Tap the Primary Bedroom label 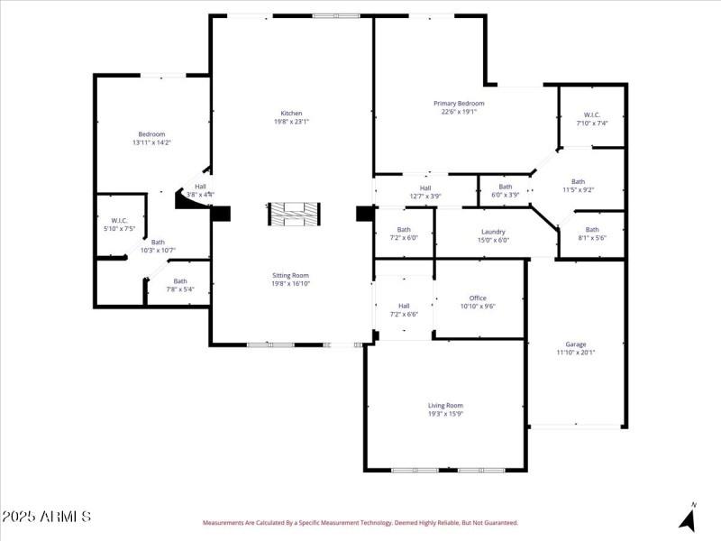(x=462, y=104)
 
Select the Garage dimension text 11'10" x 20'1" (x=575, y=353)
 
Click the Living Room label (x=445, y=406)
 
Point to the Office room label (x=478, y=298)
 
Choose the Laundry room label (x=493, y=232)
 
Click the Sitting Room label (x=290, y=275)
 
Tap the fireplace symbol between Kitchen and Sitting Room (x=294, y=214)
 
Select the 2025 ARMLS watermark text (x=46, y=518)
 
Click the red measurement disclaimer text (x=360, y=523)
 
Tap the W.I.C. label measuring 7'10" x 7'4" (x=591, y=115)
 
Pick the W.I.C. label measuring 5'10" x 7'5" (x=119, y=221)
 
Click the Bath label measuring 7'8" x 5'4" (x=180, y=281)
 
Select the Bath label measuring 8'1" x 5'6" (x=591, y=229)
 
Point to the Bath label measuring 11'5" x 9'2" (x=578, y=181)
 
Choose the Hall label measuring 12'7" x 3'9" (x=425, y=188)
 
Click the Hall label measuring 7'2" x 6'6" (x=404, y=306)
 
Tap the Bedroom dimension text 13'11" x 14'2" (x=151, y=142)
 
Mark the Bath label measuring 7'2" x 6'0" (x=404, y=229)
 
